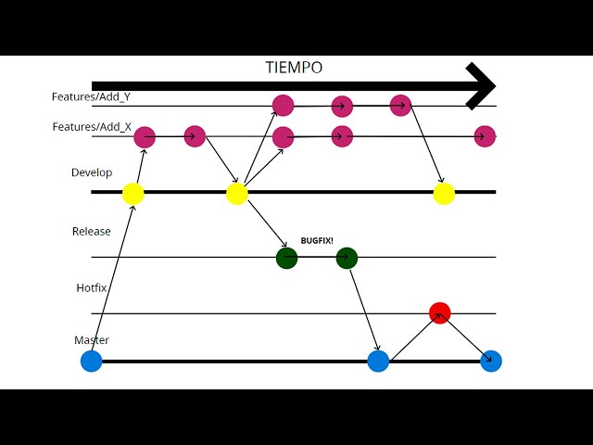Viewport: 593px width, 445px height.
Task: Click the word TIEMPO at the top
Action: (x=294, y=68)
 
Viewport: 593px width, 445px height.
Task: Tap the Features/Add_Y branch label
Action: (x=91, y=96)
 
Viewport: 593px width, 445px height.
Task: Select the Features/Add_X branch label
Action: (x=91, y=127)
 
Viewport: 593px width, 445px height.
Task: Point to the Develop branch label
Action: (x=92, y=172)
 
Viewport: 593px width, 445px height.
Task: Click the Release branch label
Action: (x=91, y=231)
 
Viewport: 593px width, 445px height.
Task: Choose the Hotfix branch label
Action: (x=92, y=288)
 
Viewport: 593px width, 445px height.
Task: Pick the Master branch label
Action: (x=92, y=340)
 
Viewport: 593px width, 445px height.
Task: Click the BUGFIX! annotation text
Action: (x=316, y=240)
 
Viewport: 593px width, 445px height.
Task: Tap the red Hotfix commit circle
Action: (x=440, y=313)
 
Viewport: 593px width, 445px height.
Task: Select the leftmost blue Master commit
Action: (x=91, y=361)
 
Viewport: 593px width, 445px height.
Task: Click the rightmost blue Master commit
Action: (x=491, y=361)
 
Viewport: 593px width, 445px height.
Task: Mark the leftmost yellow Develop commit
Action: (x=133, y=193)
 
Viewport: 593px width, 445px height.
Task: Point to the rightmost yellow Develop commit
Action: (x=444, y=193)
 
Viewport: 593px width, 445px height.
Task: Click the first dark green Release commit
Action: (x=286, y=258)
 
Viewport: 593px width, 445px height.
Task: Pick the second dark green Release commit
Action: (x=347, y=258)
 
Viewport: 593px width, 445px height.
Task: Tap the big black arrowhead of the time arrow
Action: (x=481, y=86)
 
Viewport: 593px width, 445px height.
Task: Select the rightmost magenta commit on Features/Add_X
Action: (x=485, y=136)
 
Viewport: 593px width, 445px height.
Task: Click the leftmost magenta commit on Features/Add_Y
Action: (x=284, y=106)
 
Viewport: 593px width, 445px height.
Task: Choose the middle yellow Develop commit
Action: (x=237, y=193)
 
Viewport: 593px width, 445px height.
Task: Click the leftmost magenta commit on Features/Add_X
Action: (x=145, y=137)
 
